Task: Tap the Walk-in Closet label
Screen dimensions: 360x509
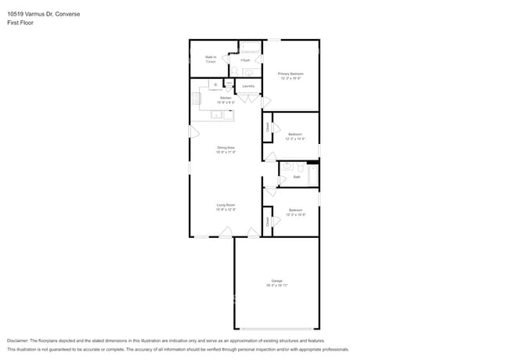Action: point(211,59)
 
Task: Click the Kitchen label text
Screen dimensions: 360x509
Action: point(226,99)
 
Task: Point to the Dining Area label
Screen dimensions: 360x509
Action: point(226,149)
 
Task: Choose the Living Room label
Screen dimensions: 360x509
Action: point(226,207)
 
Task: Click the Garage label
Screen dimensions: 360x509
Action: point(276,283)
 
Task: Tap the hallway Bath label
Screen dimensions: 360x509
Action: point(297,177)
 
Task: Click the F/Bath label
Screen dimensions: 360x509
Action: point(245,60)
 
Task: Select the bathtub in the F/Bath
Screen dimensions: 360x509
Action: point(250,47)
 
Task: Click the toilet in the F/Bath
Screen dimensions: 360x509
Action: point(234,70)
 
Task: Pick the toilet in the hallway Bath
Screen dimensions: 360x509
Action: point(287,167)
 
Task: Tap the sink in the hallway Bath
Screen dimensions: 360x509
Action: point(299,166)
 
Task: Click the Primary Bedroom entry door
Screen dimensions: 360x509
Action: point(265,103)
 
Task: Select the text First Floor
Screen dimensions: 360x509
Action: point(20,23)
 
